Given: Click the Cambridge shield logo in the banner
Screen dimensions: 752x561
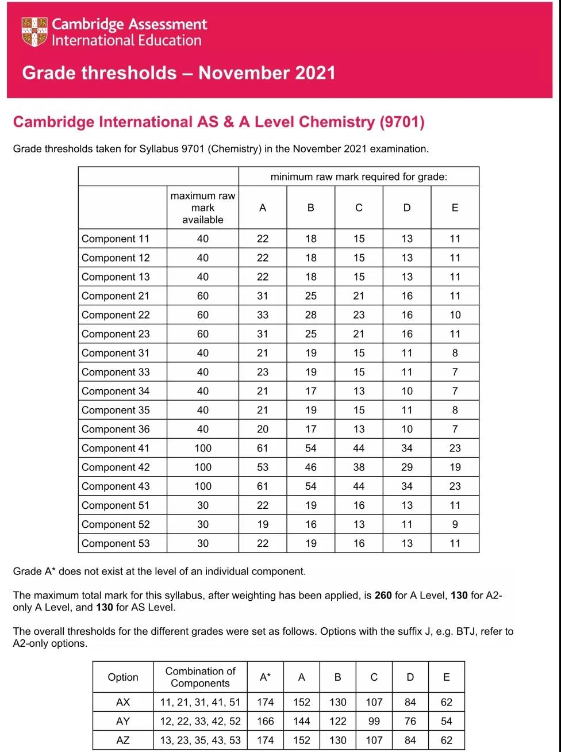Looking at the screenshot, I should pyautogui.click(x=34, y=32).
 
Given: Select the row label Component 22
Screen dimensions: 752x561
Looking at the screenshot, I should pyautogui.click(x=116, y=315).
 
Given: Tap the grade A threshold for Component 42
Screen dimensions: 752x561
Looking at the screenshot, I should pyautogui.click(x=263, y=467).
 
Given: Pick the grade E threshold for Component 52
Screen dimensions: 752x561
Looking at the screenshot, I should pyautogui.click(x=455, y=524).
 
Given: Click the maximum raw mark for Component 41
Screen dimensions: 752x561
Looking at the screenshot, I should pyautogui.click(x=203, y=448).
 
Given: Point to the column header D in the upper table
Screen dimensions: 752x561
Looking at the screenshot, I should pyautogui.click(x=407, y=208).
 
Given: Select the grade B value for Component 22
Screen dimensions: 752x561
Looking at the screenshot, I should pyautogui.click(x=311, y=315).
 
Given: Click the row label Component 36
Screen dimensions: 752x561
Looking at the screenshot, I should pyautogui.click(x=116, y=429).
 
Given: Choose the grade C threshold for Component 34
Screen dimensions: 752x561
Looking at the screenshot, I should pyautogui.click(x=359, y=391).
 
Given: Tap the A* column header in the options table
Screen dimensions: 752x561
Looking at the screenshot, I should pyautogui.click(x=265, y=677).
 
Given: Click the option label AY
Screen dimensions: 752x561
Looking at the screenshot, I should pyautogui.click(x=123, y=721).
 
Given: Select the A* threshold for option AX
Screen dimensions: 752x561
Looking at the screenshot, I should pyautogui.click(x=266, y=702).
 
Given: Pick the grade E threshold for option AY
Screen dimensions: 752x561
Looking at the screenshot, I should pyautogui.click(x=447, y=721).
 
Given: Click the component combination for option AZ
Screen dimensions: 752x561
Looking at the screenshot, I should pyautogui.click(x=200, y=740).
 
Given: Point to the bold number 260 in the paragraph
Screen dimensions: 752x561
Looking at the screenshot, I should pyautogui.click(x=383, y=596).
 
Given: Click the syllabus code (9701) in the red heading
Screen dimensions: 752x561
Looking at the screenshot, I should pyautogui.click(x=402, y=122).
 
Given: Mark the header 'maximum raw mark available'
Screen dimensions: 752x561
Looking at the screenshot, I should pyautogui.click(x=203, y=208).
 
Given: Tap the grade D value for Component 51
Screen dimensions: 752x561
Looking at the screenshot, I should pyautogui.click(x=407, y=505).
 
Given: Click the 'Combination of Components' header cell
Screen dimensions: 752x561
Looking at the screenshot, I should pyautogui.click(x=200, y=677).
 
